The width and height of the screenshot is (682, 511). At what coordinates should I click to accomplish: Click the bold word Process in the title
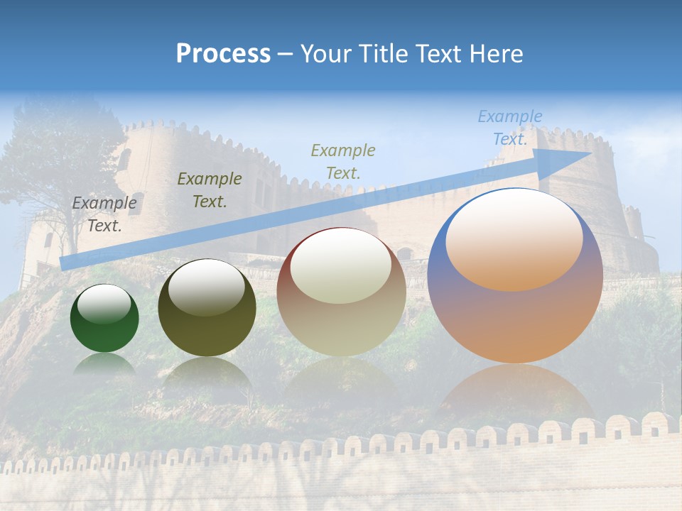click(x=223, y=54)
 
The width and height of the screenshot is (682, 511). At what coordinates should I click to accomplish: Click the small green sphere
click(x=104, y=319)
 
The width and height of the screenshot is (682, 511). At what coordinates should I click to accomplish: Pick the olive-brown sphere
click(x=207, y=308)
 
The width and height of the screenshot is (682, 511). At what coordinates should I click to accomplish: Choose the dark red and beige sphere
click(x=341, y=292)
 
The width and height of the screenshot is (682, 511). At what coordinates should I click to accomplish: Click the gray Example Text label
click(x=104, y=214)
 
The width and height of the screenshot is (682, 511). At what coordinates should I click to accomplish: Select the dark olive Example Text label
click(x=210, y=190)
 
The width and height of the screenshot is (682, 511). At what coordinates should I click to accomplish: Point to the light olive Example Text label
click(x=343, y=161)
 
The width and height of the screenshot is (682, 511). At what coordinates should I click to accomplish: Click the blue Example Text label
click(x=509, y=128)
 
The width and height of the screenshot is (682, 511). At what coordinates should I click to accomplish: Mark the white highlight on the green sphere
click(x=104, y=304)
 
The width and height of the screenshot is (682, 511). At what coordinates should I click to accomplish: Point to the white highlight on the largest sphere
click(x=514, y=240)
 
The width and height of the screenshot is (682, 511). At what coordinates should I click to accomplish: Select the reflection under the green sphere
click(x=104, y=363)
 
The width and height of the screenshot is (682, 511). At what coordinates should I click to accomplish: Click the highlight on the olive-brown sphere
click(x=207, y=287)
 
